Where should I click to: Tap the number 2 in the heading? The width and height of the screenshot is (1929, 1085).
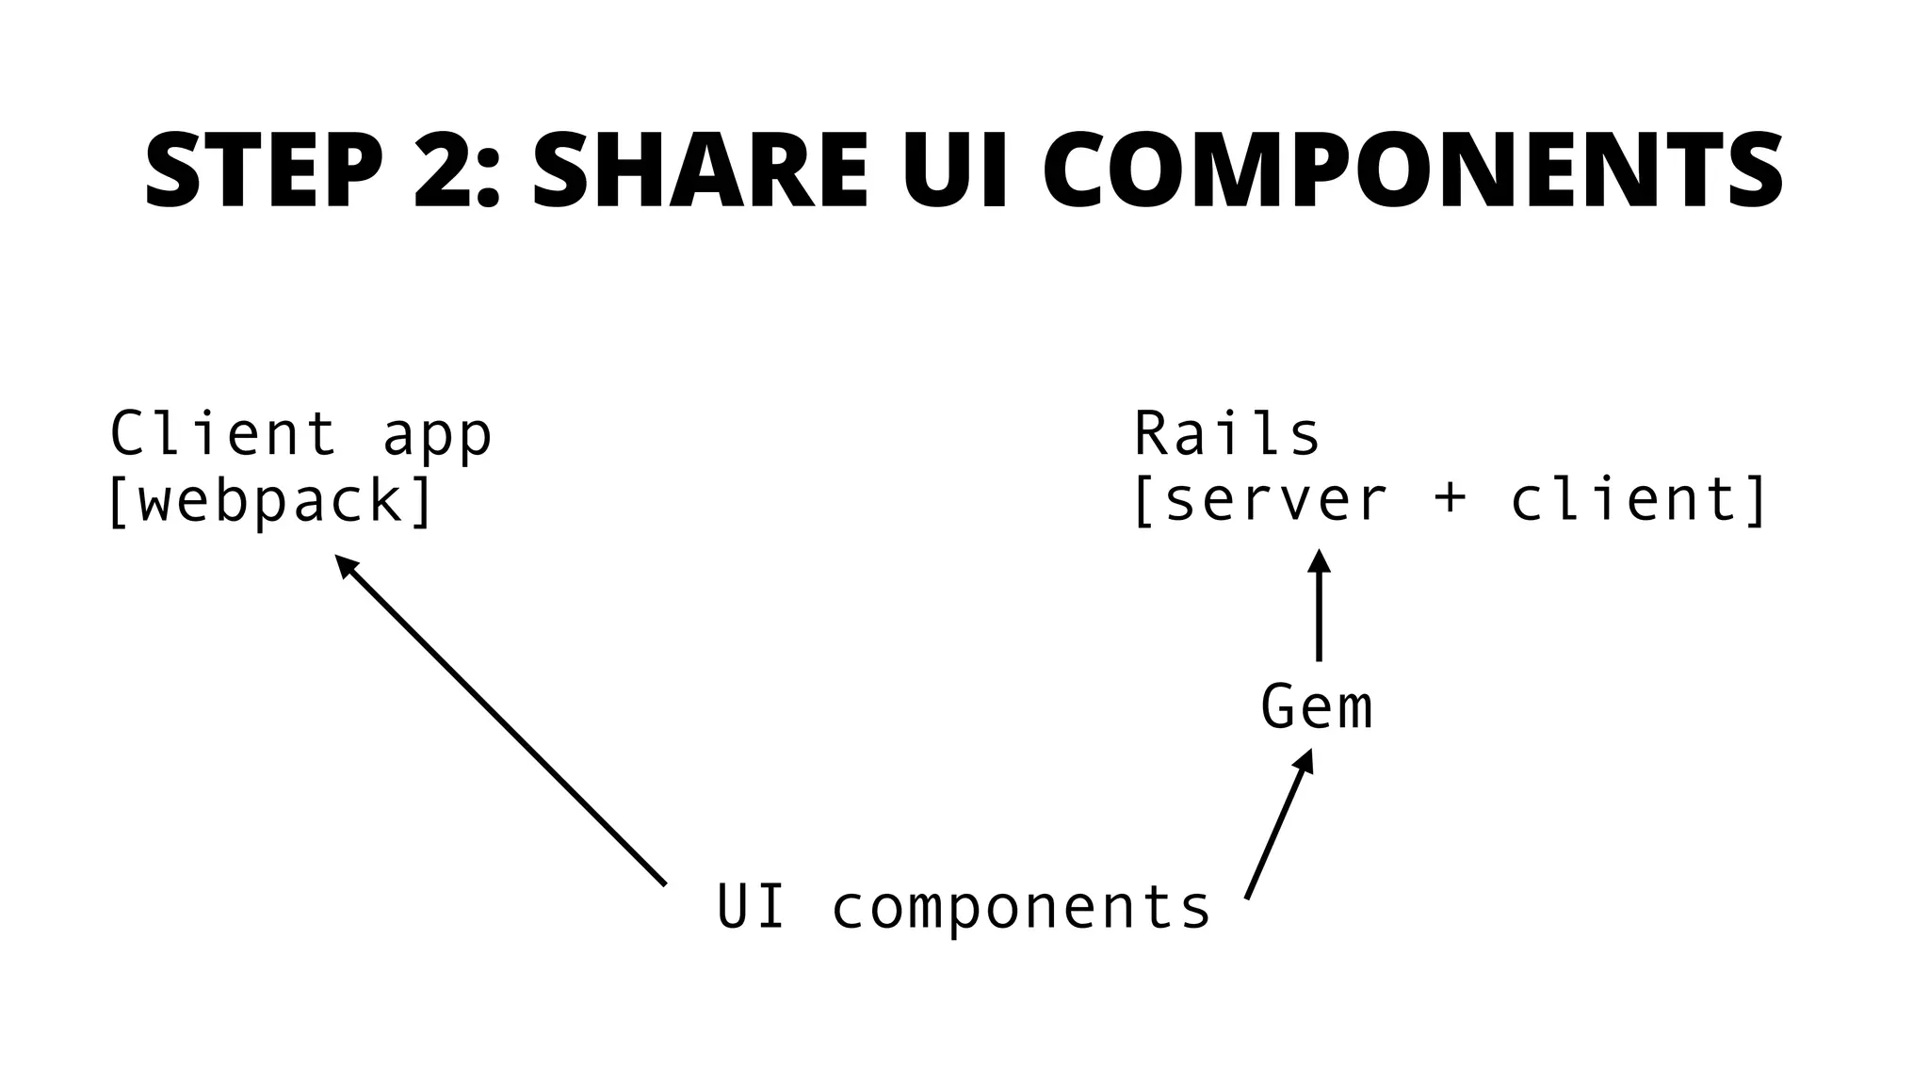[x=445, y=170]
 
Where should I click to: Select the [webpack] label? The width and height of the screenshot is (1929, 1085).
[x=271, y=501]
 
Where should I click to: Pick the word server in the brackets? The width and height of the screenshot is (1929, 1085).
[x=1275, y=501]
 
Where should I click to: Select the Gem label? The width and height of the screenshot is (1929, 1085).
[x=1317, y=707]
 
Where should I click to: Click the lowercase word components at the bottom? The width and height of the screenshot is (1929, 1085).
[x=1021, y=909]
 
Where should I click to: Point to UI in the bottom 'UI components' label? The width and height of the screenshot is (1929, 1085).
[x=751, y=906]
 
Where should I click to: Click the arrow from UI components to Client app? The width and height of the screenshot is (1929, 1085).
[x=501, y=721]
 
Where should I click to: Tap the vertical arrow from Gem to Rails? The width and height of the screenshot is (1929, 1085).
[x=1319, y=605]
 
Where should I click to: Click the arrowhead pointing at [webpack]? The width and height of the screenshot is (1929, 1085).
[x=347, y=565]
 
